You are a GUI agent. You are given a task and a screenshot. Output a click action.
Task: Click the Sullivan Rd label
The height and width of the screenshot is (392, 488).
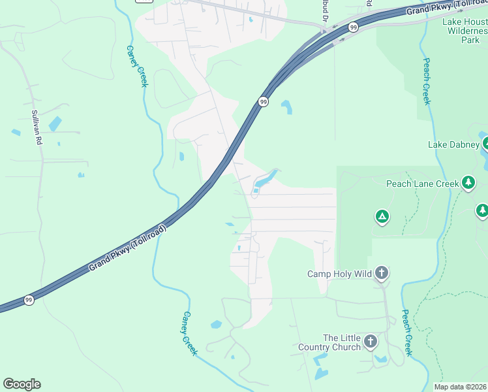point(37,127)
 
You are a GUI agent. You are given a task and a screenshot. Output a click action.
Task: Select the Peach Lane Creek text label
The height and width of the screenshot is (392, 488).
point(422,184)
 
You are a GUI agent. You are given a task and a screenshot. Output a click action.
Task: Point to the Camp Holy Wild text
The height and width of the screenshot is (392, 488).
point(339,274)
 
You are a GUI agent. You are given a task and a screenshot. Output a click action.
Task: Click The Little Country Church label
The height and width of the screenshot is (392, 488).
point(329,342)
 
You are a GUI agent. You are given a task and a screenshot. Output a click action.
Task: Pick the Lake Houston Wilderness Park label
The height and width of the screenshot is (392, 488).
point(465,31)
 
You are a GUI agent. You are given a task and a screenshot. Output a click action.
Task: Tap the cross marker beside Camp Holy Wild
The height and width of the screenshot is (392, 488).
point(382,273)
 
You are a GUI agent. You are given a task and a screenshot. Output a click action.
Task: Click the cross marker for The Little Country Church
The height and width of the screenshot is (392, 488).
point(371,340)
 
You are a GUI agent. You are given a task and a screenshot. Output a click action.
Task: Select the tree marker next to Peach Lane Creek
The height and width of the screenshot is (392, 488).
point(468,183)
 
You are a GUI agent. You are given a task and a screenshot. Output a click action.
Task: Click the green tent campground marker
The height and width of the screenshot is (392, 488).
point(382,216)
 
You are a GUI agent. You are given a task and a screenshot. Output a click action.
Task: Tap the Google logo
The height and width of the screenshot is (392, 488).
point(22,384)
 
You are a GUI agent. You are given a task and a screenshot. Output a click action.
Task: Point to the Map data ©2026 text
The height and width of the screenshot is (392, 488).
point(460,387)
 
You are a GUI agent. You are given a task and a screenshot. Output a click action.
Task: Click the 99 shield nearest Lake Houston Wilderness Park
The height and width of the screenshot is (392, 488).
point(353,27)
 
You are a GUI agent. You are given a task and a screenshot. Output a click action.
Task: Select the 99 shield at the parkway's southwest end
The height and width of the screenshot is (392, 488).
point(29,300)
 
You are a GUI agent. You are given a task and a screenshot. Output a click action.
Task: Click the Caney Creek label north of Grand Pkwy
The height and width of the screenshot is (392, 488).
point(138,66)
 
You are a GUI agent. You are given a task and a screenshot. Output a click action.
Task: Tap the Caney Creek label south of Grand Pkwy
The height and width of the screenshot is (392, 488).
point(189,333)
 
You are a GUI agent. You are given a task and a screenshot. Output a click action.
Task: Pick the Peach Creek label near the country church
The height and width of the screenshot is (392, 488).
point(406,333)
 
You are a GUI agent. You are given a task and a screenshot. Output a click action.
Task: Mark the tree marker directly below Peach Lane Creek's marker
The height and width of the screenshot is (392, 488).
point(481,210)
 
